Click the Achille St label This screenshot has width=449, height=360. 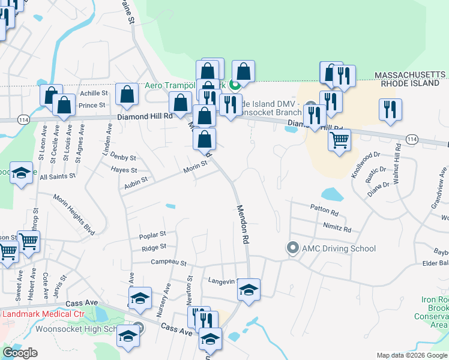[x=94, y=94]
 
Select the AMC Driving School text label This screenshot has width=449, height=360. [x=339, y=248]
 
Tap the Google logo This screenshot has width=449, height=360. [x=20, y=353]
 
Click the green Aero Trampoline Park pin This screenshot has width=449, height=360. [x=236, y=85]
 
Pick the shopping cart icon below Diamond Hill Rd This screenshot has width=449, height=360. [x=339, y=140]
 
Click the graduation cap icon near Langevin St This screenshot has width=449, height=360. [x=248, y=290]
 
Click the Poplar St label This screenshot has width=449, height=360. [x=152, y=235]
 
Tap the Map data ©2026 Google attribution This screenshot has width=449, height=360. [x=412, y=355]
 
